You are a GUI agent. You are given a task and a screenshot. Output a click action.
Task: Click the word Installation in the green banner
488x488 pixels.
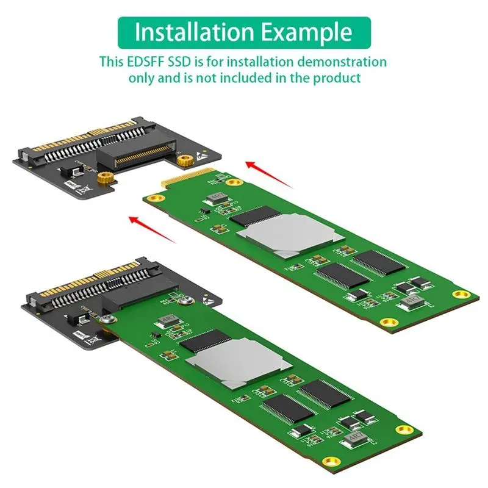189,32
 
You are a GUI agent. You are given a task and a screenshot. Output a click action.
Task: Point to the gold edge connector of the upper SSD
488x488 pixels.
183,179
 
